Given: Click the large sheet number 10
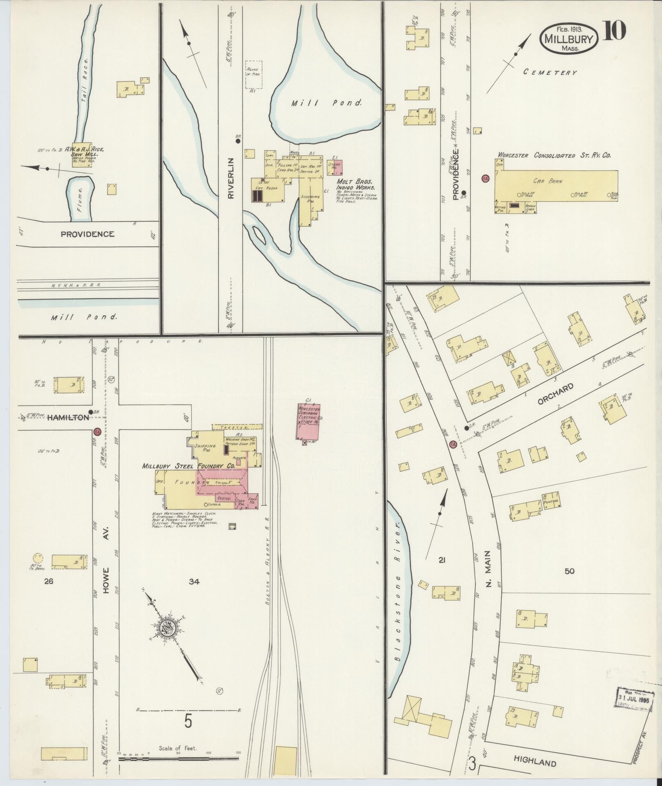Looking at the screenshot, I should click(614, 31).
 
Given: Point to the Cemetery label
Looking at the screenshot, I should click(550, 72).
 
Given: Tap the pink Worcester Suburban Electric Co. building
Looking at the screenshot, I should click(309, 421).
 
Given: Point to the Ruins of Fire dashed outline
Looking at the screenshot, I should click(254, 74).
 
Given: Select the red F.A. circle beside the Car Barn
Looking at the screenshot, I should click(486, 179).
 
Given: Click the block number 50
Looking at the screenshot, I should click(569, 571).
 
